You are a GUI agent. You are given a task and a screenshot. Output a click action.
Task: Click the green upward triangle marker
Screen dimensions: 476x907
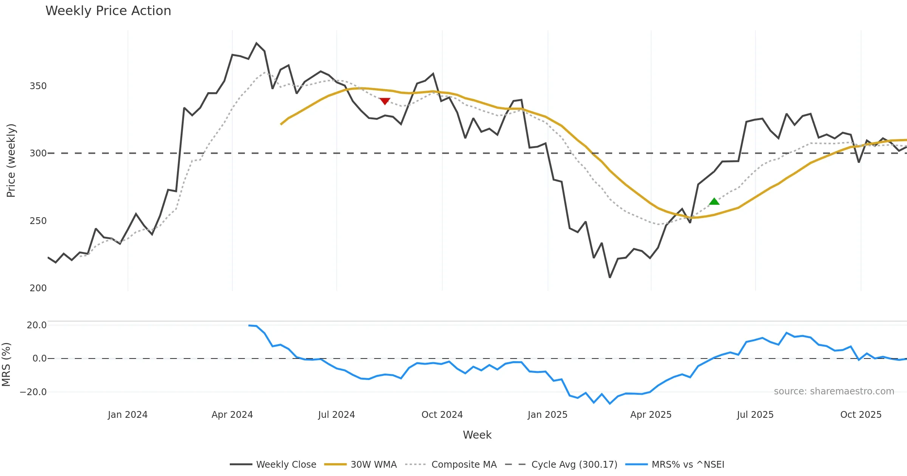(x=714, y=202)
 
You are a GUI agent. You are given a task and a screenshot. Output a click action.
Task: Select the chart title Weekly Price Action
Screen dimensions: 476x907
(x=108, y=11)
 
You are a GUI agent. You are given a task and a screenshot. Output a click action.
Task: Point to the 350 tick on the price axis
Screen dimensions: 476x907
(x=38, y=86)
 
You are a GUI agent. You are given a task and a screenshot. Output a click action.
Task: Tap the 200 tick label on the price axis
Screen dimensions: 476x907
(x=38, y=288)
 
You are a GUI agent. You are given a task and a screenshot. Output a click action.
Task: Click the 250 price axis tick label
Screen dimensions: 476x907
(x=38, y=221)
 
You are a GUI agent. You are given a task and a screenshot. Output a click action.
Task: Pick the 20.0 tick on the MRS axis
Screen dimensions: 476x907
(x=37, y=325)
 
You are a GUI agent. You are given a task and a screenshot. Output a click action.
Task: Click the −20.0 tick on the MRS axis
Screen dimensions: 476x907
(x=33, y=392)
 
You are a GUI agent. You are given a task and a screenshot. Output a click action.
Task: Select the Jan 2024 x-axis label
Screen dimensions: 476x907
(x=128, y=415)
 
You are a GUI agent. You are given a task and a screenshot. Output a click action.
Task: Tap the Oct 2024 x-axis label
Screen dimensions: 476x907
(x=442, y=415)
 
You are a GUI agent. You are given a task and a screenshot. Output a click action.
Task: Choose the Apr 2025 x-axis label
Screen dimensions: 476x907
(x=651, y=415)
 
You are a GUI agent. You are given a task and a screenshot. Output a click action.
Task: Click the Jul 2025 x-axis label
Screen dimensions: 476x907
(x=755, y=415)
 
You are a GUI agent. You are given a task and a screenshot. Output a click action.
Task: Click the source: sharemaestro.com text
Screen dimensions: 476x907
(x=834, y=391)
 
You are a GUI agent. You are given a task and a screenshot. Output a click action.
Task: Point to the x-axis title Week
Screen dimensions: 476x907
(x=477, y=435)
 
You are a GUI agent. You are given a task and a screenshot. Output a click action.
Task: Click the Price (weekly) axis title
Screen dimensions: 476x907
(x=11, y=161)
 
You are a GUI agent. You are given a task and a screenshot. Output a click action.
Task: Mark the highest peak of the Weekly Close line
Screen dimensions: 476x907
(x=257, y=43)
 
